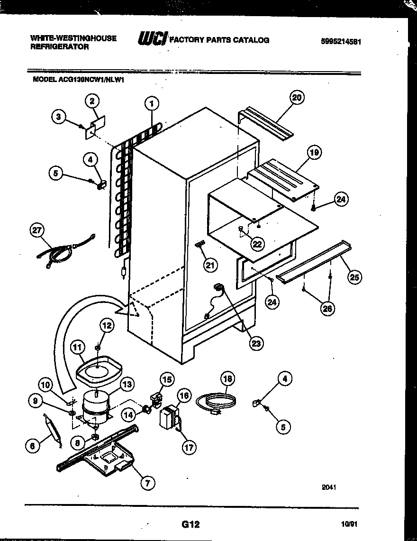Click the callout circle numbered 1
point(152,104)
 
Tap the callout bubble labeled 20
point(297,98)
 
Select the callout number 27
point(37,231)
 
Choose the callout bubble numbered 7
point(147,483)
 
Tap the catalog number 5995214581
point(341,41)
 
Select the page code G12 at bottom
point(190,524)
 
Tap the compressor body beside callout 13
point(96,403)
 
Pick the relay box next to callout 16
point(169,419)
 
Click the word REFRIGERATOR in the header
point(59,47)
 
